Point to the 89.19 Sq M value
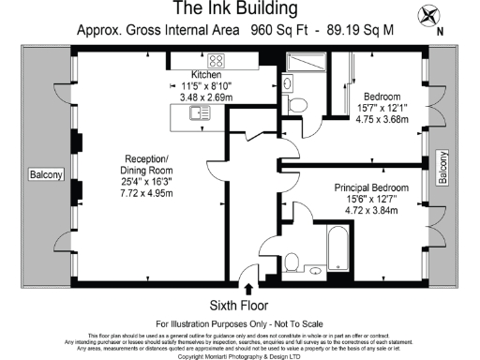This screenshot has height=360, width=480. (x=359, y=30)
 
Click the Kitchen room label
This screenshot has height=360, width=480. (x=206, y=74)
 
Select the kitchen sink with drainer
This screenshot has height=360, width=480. (x=198, y=114)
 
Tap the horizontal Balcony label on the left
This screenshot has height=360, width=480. (x=45, y=175)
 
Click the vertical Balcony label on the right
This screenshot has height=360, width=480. (x=443, y=170)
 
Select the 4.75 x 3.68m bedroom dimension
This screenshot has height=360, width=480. (x=382, y=118)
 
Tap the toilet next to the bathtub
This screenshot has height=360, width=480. (x=292, y=260)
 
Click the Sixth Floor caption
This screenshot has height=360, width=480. (x=239, y=305)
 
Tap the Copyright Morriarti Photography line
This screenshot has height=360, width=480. (x=239, y=355)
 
